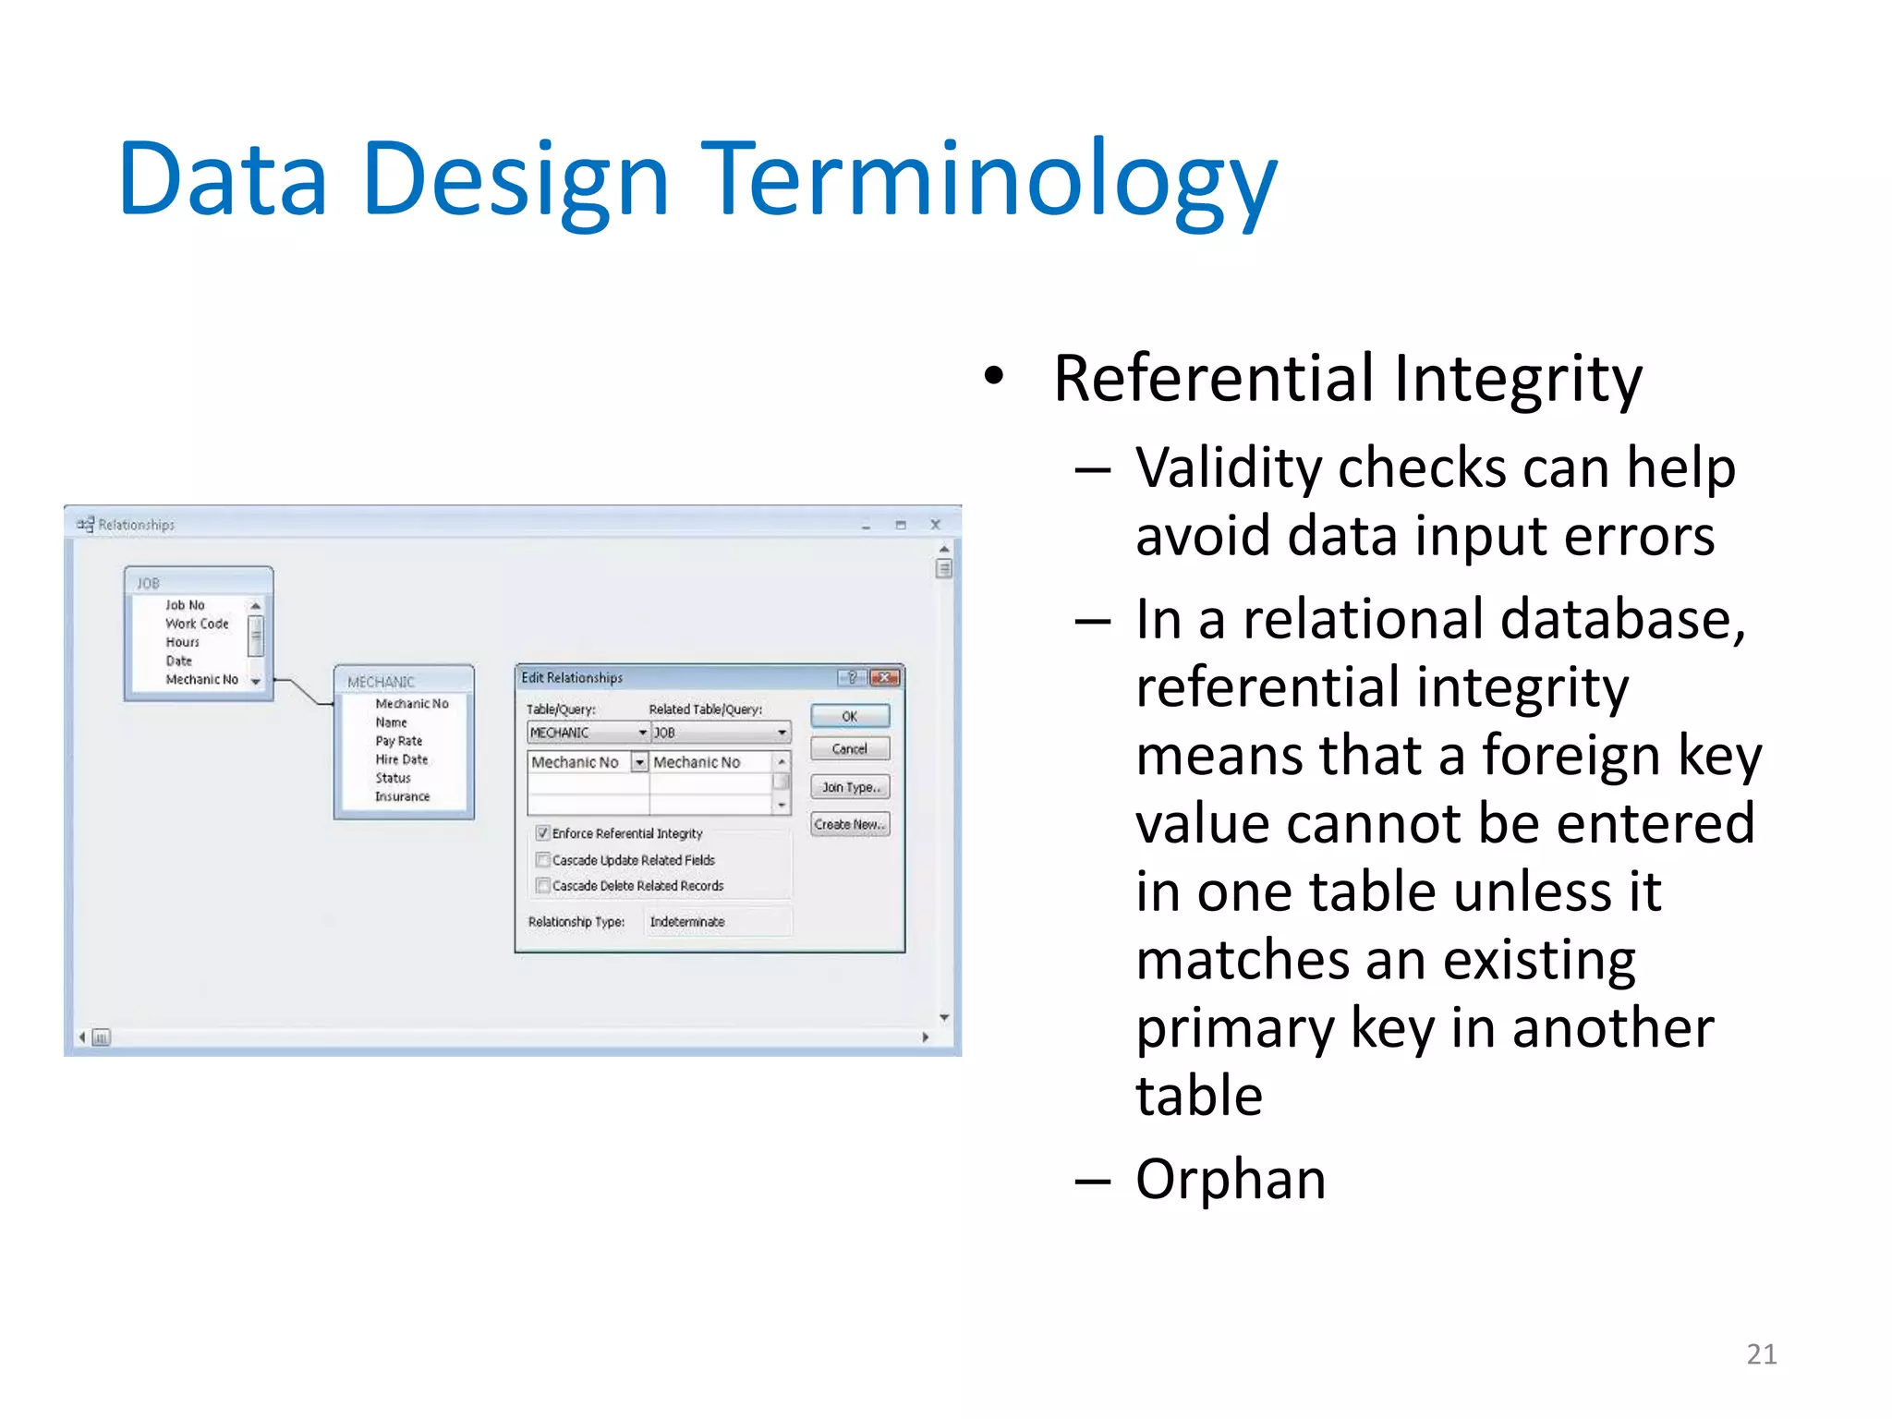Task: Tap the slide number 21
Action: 1761,1354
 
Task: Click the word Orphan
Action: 1230,1180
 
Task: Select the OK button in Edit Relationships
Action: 849,716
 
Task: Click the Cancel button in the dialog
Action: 849,749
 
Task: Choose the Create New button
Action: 849,824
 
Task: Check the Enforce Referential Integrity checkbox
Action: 543,833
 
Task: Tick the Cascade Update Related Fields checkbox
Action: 543,860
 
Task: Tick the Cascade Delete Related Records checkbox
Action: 543,886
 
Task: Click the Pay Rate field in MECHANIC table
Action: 398,741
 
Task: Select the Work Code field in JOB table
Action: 197,624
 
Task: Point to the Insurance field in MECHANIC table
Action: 402,796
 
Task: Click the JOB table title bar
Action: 198,583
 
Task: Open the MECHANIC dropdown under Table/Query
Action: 642,733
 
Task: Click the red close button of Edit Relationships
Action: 885,677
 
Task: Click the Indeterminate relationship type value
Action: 687,922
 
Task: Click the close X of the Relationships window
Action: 935,525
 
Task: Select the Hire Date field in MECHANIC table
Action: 401,759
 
